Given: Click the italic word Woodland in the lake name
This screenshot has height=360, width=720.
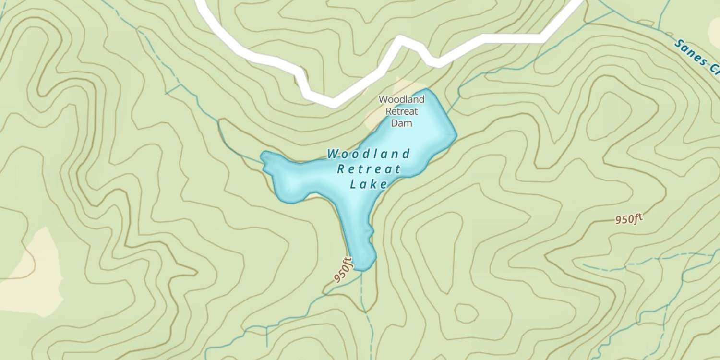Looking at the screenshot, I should click(x=369, y=154).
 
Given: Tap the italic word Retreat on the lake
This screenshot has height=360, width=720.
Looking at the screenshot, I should click(x=369, y=169).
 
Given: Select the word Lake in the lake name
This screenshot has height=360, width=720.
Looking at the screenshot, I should click(x=369, y=184).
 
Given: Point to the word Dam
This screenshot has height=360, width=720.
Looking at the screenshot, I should click(x=402, y=123).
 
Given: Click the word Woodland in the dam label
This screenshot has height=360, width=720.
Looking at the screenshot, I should click(x=402, y=99).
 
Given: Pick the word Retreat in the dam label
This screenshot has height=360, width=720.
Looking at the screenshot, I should click(x=402, y=111).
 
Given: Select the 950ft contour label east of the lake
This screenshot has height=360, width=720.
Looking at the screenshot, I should click(x=628, y=219).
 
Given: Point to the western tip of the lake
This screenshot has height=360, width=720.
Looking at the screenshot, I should click(x=263, y=156).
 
